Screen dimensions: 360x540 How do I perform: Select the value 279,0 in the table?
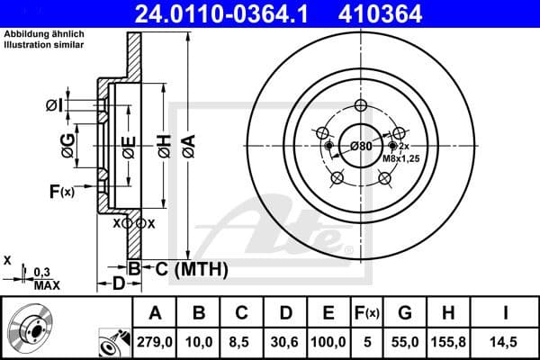155,341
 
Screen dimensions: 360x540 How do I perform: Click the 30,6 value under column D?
284,341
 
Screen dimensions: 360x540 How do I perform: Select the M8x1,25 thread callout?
404,158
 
